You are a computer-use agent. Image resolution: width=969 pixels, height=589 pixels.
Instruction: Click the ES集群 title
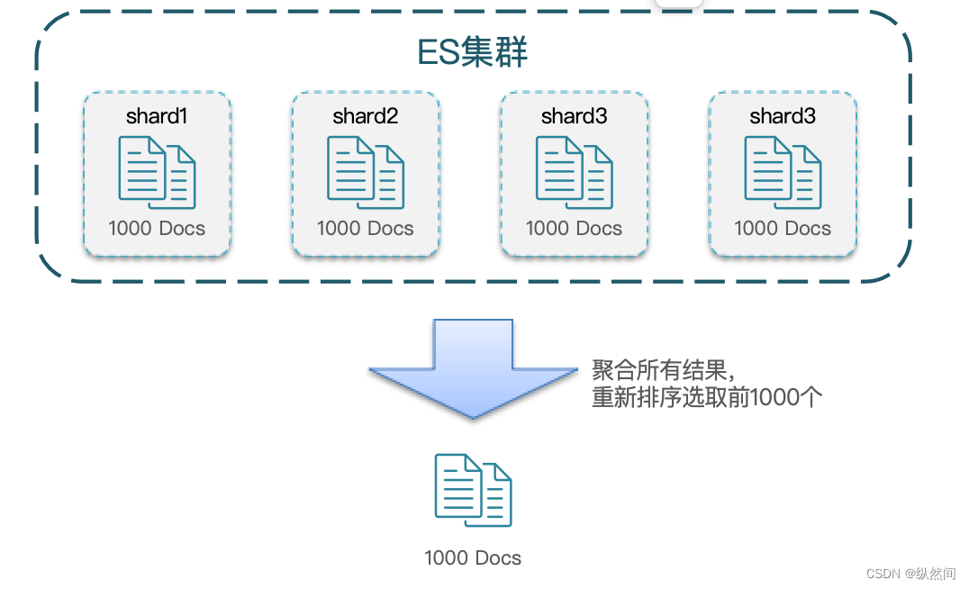coord(472,53)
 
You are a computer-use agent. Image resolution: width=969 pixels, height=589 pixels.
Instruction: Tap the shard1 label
coord(157,116)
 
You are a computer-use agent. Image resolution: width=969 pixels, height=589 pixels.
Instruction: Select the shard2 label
coord(365,116)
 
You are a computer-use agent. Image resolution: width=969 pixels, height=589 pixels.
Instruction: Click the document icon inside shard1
coord(157,172)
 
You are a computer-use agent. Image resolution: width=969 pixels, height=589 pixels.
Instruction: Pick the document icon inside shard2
coord(365,172)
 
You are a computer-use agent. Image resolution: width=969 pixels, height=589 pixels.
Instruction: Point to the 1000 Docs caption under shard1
coord(157,229)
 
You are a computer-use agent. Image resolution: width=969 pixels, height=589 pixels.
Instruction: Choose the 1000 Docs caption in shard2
coord(365,229)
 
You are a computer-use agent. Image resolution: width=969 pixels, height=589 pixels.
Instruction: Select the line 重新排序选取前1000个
coord(707,397)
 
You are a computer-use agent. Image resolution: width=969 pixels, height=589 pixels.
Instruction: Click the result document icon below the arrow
coord(473,490)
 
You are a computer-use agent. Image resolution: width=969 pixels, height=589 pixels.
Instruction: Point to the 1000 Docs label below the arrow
coord(473,558)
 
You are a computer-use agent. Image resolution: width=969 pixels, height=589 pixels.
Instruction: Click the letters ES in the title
coord(439,53)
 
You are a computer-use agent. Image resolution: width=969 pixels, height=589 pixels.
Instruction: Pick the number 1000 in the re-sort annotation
coord(776,397)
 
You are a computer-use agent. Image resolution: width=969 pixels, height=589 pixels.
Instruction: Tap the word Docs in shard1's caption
coord(183,229)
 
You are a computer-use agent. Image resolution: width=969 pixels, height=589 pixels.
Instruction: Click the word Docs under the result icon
coord(499,558)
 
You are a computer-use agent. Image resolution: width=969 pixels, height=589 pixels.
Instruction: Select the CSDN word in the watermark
coord(883,573)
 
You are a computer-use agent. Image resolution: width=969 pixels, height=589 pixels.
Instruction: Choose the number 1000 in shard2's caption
coord(340,229)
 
